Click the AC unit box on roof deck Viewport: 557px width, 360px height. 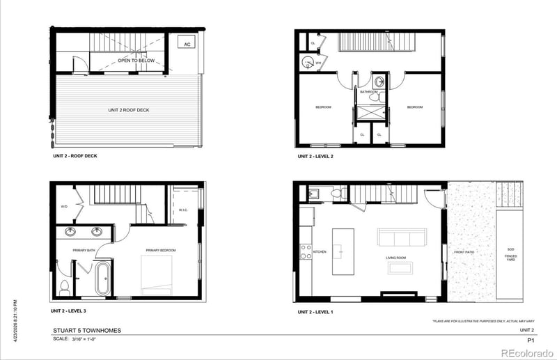pyautogui.click(x=186, y=43)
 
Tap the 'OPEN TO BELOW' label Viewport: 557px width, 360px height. pyautogui.click(x=136, y=61)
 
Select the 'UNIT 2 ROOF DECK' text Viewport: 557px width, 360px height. pyautogui.click(x=129, y=110)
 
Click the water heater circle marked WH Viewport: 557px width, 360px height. pyautogui.click(x=307, y=63)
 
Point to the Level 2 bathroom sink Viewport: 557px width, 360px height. pyautogui.click(x=377, y=80)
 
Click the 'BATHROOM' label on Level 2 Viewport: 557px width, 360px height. pyautogui.click(x=369, y=91)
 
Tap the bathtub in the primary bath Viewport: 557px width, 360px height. pyautogui.click(x=103, y=279)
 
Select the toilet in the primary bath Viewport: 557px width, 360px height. pyautogui.click(x=65, y=285)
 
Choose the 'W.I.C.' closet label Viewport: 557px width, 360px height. pyautogui.click(x=185, y=210)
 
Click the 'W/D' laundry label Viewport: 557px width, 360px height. pyautogui.click(x=64, y=206)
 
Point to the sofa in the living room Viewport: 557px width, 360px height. pyautogui.click(x=401, y=238)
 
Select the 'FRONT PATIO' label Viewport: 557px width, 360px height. pyautogui.click(x=464, y=251)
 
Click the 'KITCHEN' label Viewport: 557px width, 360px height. pyautogui.click(x=320, y=251)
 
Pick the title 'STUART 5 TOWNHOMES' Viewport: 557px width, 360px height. pyautogui.click(x=82, y=331)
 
